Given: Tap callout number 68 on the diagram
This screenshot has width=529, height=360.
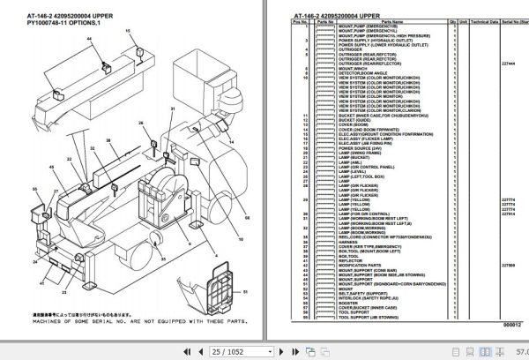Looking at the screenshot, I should click(x=250, y=215).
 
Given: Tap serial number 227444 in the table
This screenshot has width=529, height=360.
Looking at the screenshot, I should click(x=507, y=62).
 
